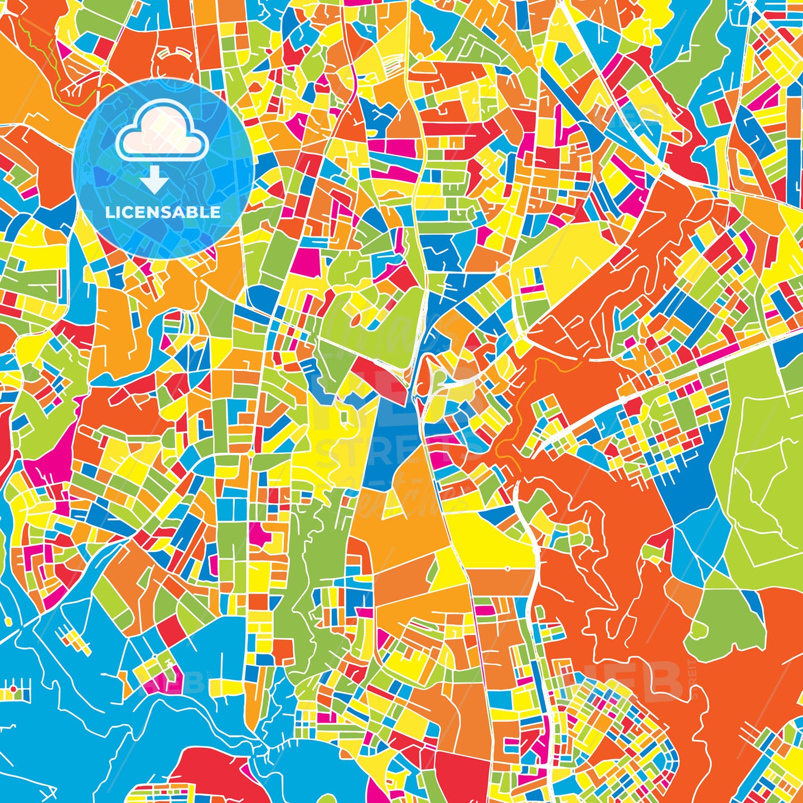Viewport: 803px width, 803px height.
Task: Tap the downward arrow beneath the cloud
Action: (x=154, y=180)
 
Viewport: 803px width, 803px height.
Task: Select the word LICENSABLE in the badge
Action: (x=163, y=212)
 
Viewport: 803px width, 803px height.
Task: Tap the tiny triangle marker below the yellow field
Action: (x=507, y=569)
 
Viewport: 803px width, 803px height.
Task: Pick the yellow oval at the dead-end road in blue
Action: (x=8, y=621)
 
